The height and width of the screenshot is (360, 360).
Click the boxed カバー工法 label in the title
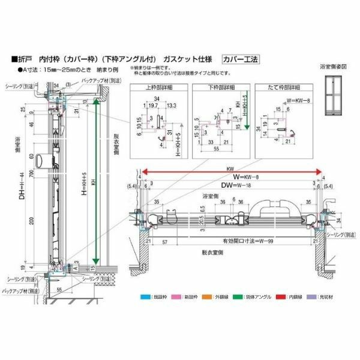coord(240,59)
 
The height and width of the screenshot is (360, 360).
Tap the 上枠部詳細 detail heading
coord(158,88)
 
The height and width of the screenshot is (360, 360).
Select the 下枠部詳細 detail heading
coord(220,88)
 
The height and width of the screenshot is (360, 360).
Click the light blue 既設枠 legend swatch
coord(141,296)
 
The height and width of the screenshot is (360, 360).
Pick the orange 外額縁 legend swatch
coord(203,296)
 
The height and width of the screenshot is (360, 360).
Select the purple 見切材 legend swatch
coord(310,296)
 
